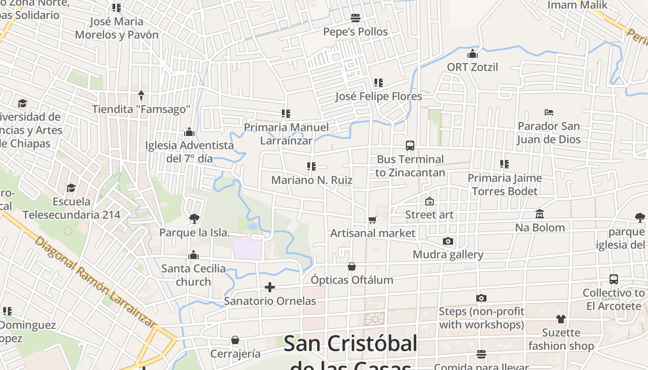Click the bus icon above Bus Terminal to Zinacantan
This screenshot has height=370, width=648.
tap(410, 146)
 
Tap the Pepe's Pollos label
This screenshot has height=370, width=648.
tap(355, 32)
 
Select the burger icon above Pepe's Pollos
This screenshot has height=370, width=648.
tap(355, 18)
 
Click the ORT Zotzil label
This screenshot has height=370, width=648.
tap(472, 67)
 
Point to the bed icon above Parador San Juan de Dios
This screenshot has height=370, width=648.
tap(549, 112)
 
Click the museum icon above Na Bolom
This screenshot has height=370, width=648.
tap(540, 214)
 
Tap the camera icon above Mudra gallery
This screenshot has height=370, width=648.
tap(448, 241)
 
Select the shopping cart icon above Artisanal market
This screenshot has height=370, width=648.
tap(373, 220)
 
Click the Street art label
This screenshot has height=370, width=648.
tap(429, 215)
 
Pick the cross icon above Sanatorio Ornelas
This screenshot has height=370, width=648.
tap(270, 287)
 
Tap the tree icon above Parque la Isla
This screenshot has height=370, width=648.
tap(194, 218)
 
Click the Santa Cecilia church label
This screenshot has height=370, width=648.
tap(193, 275)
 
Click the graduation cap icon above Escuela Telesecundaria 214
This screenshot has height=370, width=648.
tap(71, 188)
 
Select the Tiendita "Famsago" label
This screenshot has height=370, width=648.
tap(141, 109)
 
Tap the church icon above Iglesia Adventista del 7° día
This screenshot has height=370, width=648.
tap(189, 132)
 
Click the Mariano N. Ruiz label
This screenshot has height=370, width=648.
tap(312, 180)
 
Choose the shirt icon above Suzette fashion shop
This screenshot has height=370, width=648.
tap(561, 319)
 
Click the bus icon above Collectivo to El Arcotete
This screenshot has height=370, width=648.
tap(614, 279)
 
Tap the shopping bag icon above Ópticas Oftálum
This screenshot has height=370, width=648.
tap(352, 266)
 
